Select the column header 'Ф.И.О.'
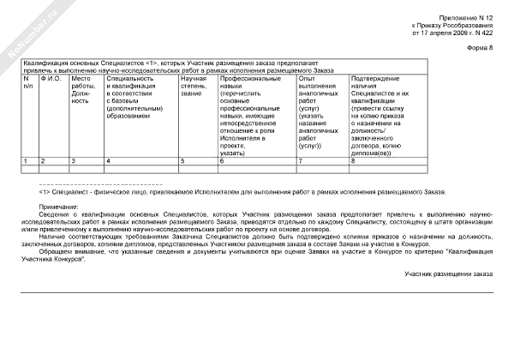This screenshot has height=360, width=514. (51, 78)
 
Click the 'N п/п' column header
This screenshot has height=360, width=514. (28, 81)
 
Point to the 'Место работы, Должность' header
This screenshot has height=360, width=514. (83, 89)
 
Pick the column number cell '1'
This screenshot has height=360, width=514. (27, 160)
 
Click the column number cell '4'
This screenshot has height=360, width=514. (107, 160)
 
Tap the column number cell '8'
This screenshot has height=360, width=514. (353, 160)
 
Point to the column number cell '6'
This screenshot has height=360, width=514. (222, 160)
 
